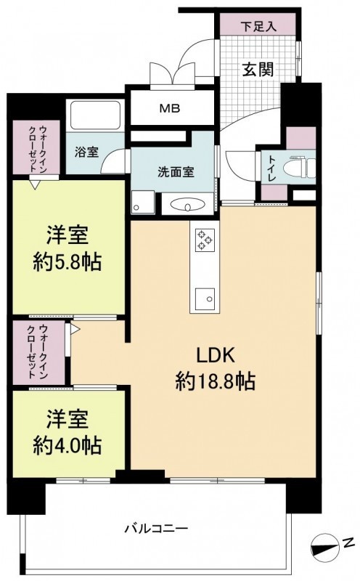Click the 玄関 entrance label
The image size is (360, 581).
coord(258,69)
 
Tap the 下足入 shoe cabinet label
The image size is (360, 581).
coord(258,27)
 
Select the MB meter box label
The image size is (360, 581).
coord(170,108)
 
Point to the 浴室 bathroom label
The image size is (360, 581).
coord(86,153)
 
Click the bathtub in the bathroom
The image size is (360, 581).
coord(96,115)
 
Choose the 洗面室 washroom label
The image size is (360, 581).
coord(176,172)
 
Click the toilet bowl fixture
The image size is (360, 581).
coord(299,167)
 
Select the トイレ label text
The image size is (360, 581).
coord(272,168)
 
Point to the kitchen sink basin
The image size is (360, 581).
coord(205,299)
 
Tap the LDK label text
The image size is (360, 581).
coord(215,355)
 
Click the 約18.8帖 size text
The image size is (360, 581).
coord(216,381)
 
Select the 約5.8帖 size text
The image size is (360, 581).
coord(67,263)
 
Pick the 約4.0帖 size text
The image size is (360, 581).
coord(67,446)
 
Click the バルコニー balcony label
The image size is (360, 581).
coord(156,528)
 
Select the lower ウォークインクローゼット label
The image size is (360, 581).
coord(38,352)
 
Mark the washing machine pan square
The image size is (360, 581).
coord(142,202)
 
